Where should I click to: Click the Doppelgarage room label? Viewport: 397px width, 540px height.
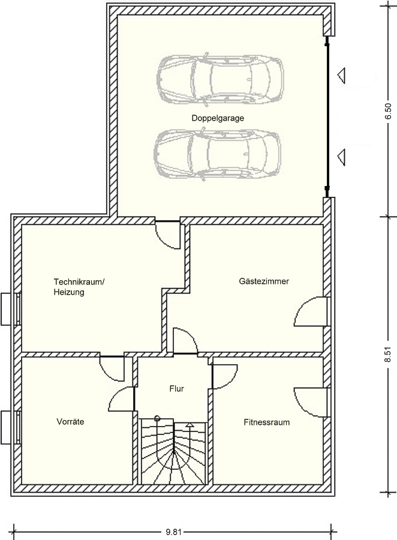tap(218, 118)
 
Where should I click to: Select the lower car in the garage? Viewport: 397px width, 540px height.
tap(217, 154)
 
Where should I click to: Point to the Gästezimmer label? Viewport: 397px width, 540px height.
tap(264, 281)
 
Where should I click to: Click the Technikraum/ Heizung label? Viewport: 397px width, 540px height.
tap(79, 287)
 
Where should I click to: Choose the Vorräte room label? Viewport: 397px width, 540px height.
tap(70, 422)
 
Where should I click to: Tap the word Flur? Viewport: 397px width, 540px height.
tap(177, 389)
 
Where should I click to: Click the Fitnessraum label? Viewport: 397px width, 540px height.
tap(266, 422)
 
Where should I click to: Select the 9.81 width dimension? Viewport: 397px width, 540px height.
tap(173, 532)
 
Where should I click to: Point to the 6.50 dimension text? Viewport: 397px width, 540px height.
tap(388, 111)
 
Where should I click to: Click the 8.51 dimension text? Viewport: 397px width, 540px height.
tap(388, 354)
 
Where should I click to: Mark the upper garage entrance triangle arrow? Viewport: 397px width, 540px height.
tap(341, 76)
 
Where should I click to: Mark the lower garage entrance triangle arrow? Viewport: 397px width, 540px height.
tap(341, 157)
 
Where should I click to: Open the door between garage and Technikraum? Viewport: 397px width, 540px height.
tap(167, 234)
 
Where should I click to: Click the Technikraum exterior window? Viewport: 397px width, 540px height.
tap(10, 309)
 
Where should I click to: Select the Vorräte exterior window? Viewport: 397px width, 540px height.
tap(10, 427)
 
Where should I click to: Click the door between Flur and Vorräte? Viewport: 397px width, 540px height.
tap(122, 399)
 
